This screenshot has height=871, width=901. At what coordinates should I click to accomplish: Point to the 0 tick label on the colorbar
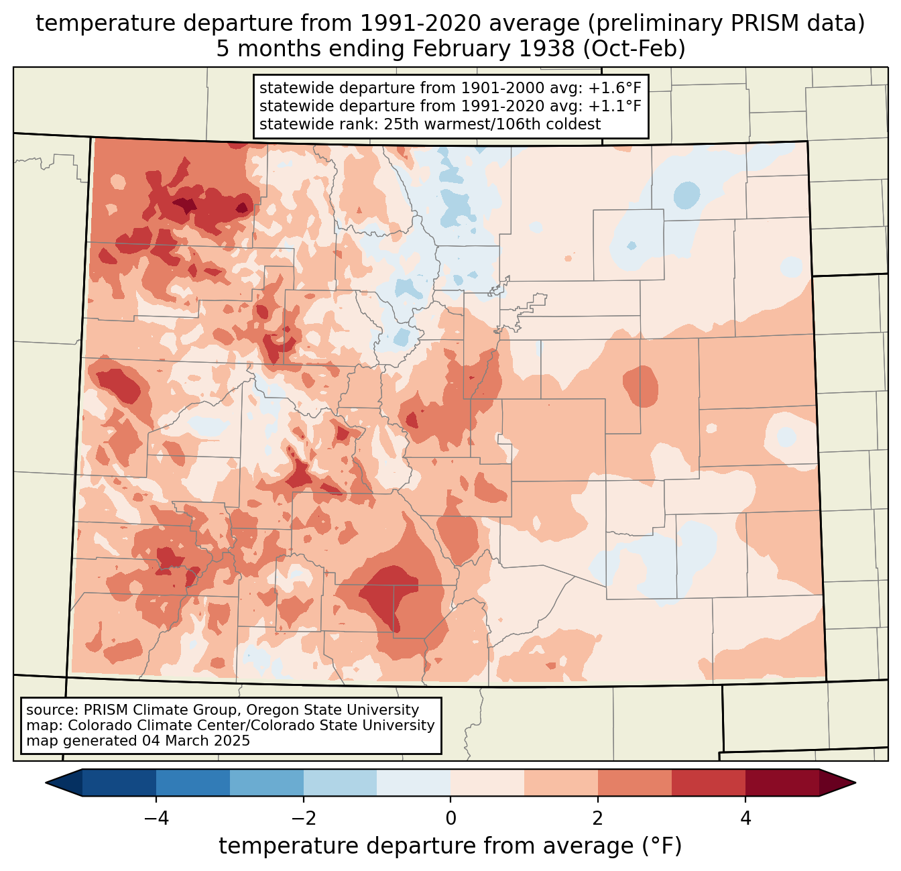coord(450,818)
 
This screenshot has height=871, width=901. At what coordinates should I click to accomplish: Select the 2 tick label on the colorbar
coord(598,818)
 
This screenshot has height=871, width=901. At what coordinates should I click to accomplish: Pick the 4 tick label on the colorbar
coord(745,818)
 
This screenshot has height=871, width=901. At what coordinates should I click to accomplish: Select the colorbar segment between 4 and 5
coord(782,782)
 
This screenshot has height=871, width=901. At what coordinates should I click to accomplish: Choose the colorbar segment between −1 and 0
coord(414,782)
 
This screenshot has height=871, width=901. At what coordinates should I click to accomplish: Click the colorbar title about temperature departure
coord(450,846)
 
